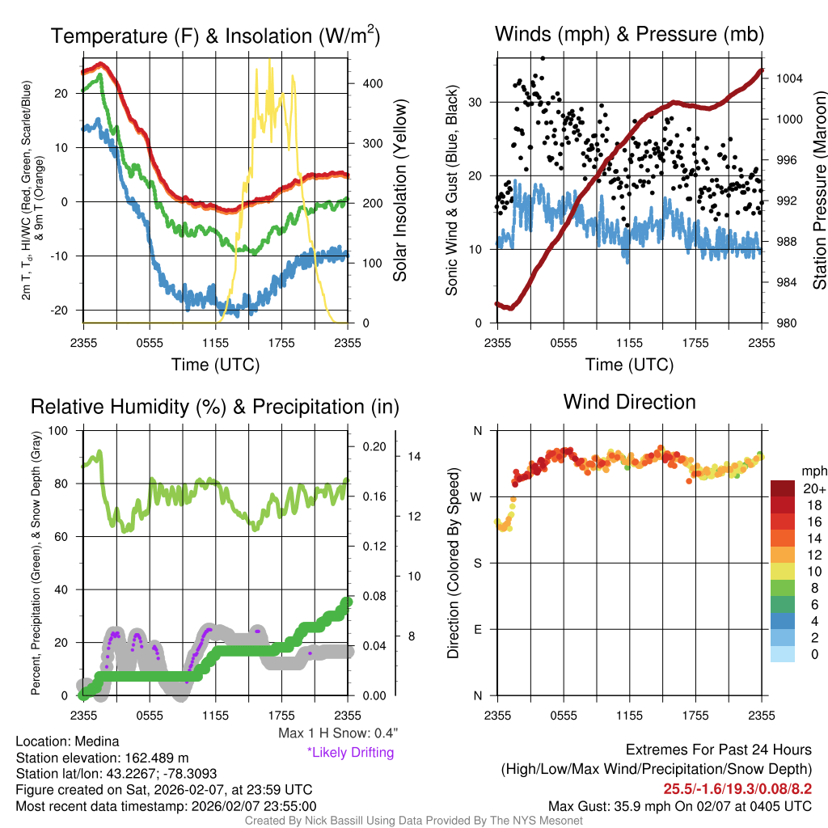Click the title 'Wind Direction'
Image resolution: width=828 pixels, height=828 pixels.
tap(629, 402)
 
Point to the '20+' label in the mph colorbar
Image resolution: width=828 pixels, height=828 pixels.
tap(814, 488)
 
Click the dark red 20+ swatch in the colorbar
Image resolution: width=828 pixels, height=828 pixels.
tap(783, 489)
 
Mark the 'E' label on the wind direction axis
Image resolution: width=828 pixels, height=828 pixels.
tap(479, 629)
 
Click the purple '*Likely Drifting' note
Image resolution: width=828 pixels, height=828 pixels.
tap(350, 753)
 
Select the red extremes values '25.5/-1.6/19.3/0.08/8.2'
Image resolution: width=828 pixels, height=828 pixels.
tap(737, 788)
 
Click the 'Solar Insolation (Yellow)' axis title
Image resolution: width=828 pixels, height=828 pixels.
tap(399, 191)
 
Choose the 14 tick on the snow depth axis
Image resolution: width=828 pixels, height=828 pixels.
tap(415, 456)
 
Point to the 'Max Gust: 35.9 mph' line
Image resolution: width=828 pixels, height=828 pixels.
tap(679, 805)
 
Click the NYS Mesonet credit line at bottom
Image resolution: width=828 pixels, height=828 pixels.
tap(413, 821)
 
